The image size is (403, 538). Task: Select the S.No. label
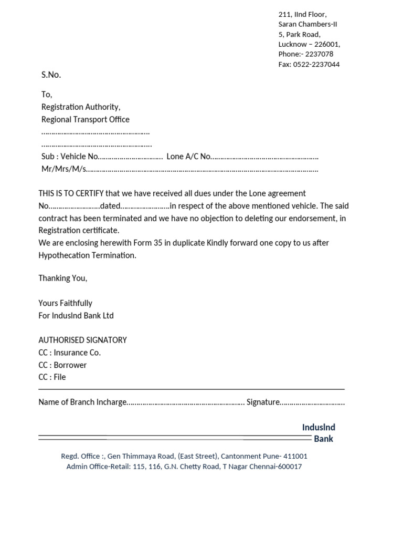[51, 75]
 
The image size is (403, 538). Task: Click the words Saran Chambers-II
[308, 24]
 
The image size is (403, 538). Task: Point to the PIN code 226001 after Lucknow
[327, 44]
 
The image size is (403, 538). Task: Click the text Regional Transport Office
[86, 119]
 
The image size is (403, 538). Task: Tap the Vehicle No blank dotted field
[131, 157]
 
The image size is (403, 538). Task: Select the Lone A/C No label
[188, 157]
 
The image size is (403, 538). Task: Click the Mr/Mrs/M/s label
[64, 169]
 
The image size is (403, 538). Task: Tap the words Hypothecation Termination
[87, 255]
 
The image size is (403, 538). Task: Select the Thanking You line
[63, 278]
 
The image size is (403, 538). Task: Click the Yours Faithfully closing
[65, 303]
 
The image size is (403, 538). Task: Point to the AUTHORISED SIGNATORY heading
[82, 340]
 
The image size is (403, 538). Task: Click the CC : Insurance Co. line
[69, 353]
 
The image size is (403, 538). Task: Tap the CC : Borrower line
[62, 365]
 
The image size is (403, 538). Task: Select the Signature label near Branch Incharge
[263, 402]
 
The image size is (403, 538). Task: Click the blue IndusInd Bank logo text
[319, 433]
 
